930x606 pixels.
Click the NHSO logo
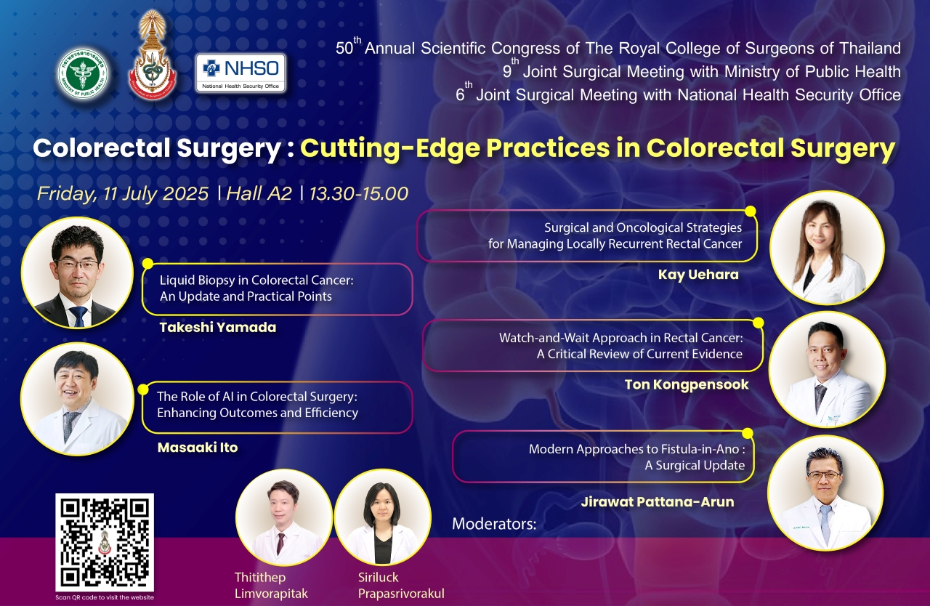(x=240, y=73)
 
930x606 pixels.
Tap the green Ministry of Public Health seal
(x=83, y=73)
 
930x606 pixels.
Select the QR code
(x=105, y=542)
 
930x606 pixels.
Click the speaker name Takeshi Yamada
(x=218, y=328)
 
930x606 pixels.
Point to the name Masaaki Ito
(x=198, y=448)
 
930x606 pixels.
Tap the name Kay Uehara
(x=698, y=275)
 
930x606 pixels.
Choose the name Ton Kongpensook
(x=687, y=385)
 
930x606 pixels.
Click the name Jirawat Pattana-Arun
(x=658, y=502)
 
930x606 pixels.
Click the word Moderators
(x=494, y=524)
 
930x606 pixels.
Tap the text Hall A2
(x=259, y=193)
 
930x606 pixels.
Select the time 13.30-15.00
(x=359, y=193)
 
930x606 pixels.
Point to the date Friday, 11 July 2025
(x=123, y=194)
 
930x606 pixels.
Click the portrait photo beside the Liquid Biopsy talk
(x=77, y=272)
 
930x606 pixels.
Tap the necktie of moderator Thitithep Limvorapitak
(x=280, y=544)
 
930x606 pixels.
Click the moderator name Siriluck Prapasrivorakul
(x=401, y=585)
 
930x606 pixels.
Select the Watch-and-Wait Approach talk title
(x=620, y=346)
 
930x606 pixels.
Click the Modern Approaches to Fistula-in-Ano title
(x=636, y=457)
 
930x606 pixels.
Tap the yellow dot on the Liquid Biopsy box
(x=147, y=264)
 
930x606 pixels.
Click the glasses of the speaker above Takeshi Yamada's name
(x=78, y=263)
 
